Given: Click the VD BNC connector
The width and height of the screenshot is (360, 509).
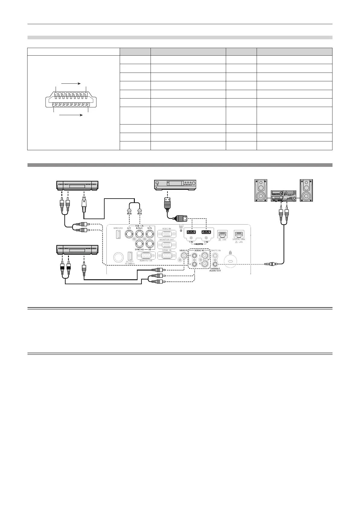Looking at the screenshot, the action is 149,244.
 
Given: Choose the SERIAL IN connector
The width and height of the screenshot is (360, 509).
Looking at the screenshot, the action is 167,255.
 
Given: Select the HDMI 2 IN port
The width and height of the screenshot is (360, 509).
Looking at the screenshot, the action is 207,232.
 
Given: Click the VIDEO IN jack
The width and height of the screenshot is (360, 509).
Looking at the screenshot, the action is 183,256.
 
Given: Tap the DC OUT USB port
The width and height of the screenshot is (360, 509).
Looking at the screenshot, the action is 130,256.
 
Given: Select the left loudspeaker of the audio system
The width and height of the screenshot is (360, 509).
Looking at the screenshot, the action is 261,190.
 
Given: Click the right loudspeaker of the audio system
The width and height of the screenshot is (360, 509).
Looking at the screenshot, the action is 306,190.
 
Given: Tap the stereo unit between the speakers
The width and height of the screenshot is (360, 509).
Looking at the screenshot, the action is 283,196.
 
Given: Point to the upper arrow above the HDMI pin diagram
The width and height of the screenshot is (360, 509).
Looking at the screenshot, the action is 71,83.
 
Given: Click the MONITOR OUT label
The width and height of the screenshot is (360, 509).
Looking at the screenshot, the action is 167,240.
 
